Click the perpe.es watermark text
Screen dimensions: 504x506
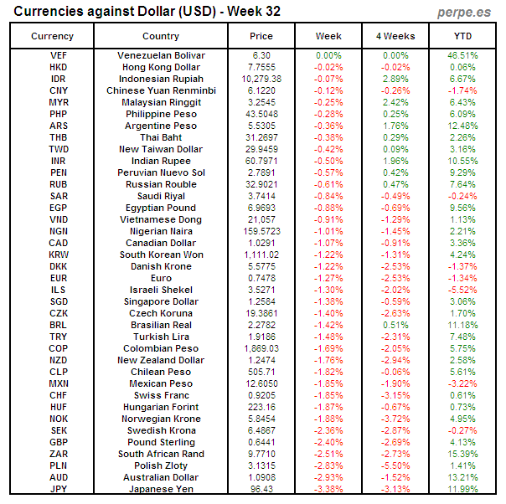pyautogui.click(x=465, y=12)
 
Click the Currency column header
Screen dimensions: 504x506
pyautogui.click(x=52, y=36)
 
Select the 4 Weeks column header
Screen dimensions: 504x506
pyautogui.click(x=395, y=36)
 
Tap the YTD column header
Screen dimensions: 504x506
pyautogui.click(x=462, y=36)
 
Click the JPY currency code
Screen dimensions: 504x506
pyautogui.click(x=59, y=489)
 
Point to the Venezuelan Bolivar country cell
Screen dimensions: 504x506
pyautogui.click(x=161, y=55)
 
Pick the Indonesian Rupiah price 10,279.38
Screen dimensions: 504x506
pyautogui.click(x=261, y=79)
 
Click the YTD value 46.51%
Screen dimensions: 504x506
pyautogui.click(x=462, y=55)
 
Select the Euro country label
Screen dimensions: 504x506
pyautogui.click(x=161, y=278)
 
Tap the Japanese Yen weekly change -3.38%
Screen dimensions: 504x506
pyautogui.click(x=328, y=489)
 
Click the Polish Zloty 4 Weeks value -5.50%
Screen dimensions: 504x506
pyautogui.click(x=395, y=465)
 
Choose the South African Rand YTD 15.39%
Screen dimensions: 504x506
pyautogui.click(x=462, y=454)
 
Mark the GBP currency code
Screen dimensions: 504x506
pyautogui.click(x=59, y=442)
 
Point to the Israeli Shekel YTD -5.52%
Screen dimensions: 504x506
pyautogui.click(x=462, y=290)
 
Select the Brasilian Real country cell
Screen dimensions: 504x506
pyautogui.click(x=161, y=325)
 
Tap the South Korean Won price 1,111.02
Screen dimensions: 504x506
pyautogui.click(x=261, y=255)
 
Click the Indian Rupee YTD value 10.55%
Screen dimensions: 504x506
pyautogui.click(x=462, y=161)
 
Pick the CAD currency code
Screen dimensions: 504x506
pyautogui.click(x=59, y=243)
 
